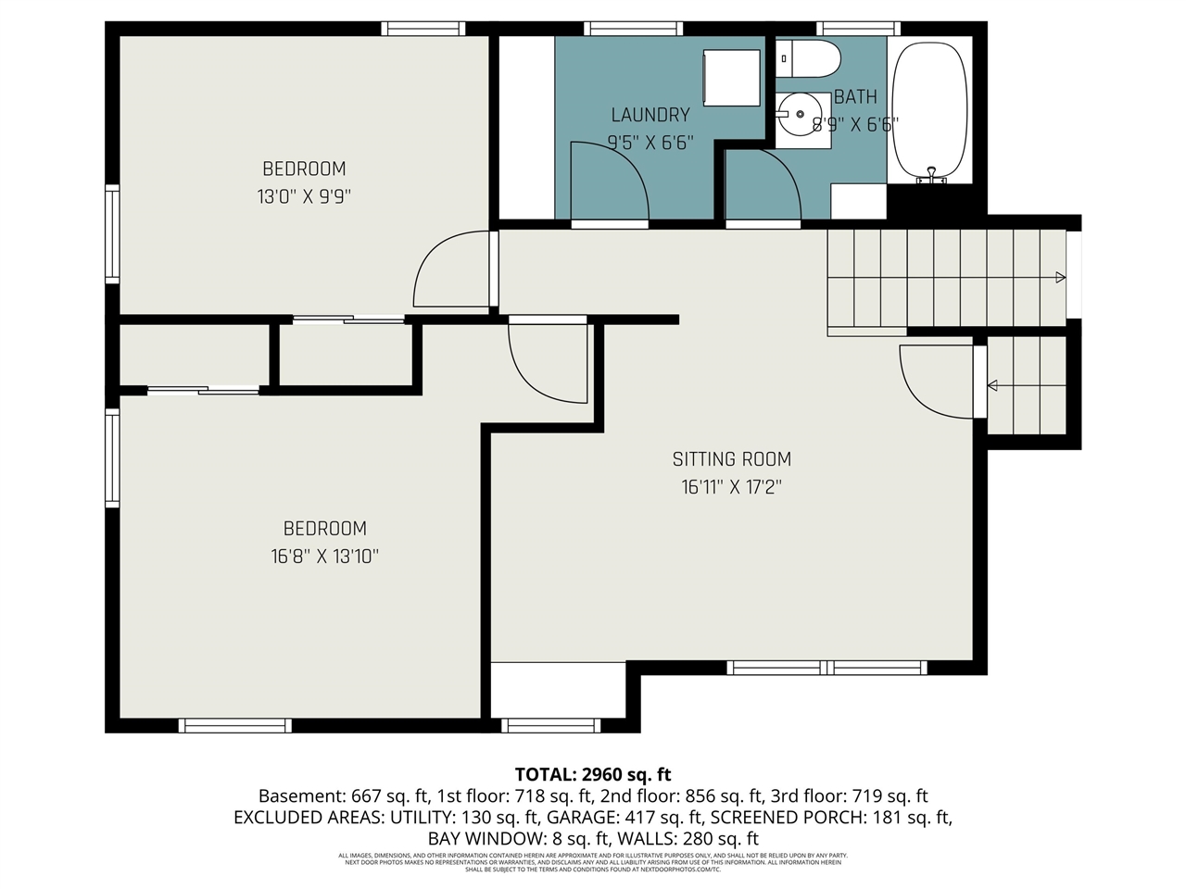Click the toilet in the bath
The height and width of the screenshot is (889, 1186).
[x=807, y=59]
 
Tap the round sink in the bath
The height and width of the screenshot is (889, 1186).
[x=800, y=115]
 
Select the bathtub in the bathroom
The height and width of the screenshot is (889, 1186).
[x=929, y=110]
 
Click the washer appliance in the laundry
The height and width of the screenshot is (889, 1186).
[x=731, y=78]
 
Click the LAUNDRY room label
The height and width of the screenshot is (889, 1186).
[x=650, y=115]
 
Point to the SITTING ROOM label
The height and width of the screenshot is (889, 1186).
[x=732, y=458]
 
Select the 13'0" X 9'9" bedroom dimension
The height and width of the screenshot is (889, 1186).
[x=304, y=196]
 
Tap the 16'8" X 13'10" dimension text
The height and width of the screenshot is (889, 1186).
[x=324, y=557]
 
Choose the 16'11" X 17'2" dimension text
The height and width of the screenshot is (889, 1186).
[x=732, y=487]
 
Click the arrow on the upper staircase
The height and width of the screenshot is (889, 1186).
[x=1059, y=277]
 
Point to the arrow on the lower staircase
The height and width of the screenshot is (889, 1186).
[x=992, y=385]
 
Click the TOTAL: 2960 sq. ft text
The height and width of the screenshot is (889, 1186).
[x=593, y=774]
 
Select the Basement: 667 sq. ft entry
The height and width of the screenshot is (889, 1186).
[x=342, y=796]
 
